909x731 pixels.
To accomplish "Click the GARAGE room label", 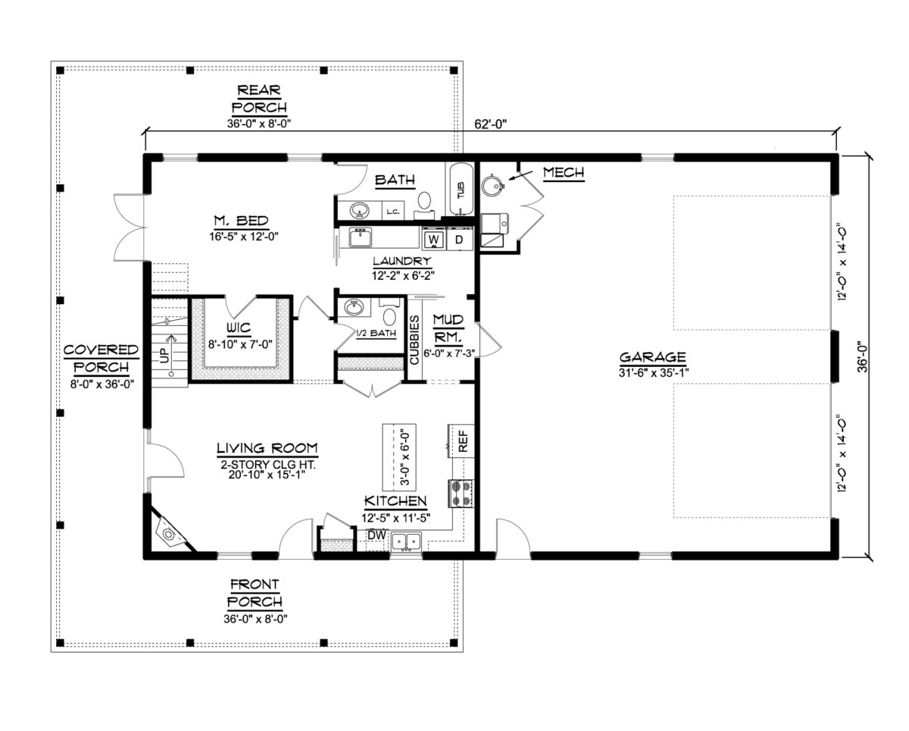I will coord(652,357).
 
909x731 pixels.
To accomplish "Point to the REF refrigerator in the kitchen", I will coord(461,441).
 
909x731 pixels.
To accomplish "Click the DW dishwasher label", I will coord(376,535).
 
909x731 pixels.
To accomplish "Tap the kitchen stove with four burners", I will coord(461,493).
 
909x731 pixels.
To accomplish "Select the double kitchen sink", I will coord(408,541).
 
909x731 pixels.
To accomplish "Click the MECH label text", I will coord(564,174).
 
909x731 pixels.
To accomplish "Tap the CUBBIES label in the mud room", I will coord(414,340).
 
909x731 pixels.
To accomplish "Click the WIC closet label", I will coord(239,329).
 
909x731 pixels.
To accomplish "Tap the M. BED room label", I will coord(240,221).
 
